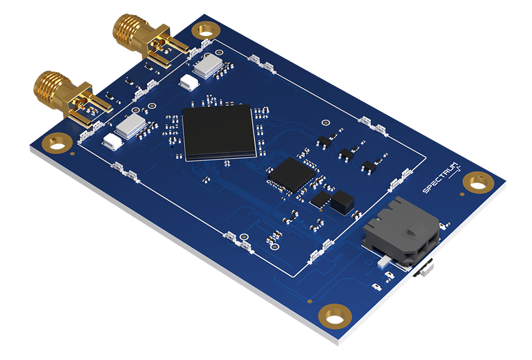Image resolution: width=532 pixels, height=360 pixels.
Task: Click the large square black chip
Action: tap(218, 132)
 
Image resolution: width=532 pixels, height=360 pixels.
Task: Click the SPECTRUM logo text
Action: tap(441, 178)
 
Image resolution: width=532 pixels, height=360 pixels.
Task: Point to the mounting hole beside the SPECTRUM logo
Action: tap(478, 182)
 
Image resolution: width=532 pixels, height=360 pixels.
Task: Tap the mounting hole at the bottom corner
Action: tap(334, 316)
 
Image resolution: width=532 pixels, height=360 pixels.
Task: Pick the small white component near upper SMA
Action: tap(189, 83)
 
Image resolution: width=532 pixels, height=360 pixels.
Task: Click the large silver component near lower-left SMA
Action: tap(131, 126)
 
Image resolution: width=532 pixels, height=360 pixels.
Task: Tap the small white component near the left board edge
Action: tap(112, 142)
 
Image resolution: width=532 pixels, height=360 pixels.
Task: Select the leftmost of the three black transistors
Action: tap(324, 141)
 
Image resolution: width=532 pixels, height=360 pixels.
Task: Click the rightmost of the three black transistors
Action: tap(370, 164)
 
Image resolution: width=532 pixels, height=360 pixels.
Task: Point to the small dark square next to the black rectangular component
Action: tap(320, 200)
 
